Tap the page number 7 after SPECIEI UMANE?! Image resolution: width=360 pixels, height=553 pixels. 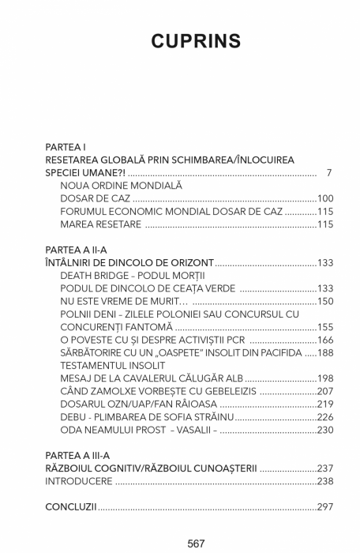tap(328, 172)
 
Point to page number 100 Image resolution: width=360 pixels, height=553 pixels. tap(325, 198)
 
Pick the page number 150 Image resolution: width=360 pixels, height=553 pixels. tap(325, 301)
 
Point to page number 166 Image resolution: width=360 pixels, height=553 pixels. tap(325, 340)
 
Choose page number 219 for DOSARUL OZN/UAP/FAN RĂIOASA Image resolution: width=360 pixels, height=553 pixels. tap(325, 404)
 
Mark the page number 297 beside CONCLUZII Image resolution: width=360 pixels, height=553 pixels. tap(325, 506)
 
